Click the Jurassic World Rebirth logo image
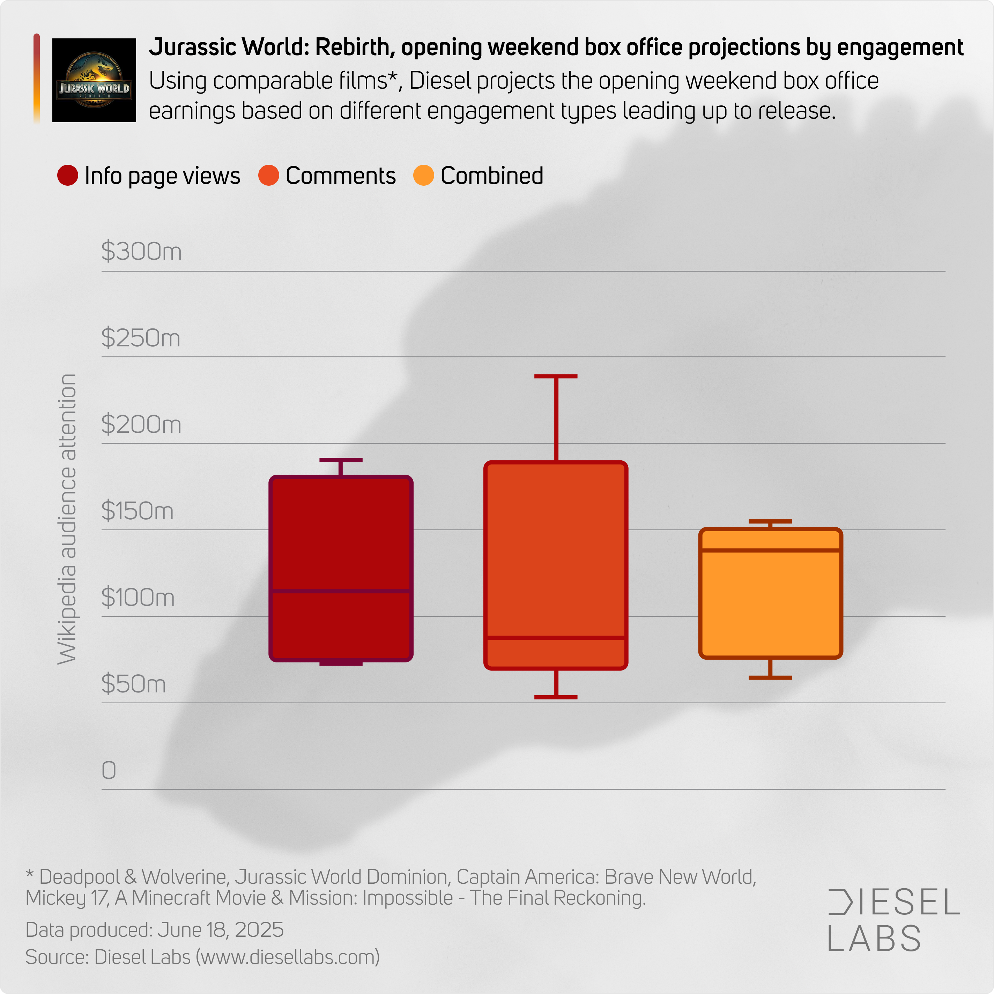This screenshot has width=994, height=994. pos(94,80)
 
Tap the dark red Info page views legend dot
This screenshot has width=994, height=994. pos(67,176)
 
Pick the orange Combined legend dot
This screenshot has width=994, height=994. pos(423,176)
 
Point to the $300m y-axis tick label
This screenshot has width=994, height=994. pos(141,252)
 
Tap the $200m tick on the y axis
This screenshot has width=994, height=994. pos(141,424)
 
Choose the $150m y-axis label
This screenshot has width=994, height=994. pos(138,511)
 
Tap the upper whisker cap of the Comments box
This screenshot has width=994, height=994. pos(556,377)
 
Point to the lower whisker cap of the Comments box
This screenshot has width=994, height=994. pos(556,697)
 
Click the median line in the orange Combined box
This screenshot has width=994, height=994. pos(770,550)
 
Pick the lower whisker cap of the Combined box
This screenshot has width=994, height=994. pos(770,677)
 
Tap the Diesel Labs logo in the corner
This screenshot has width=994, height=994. pos(894,919)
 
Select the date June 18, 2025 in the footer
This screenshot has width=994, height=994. pos(220,930)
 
